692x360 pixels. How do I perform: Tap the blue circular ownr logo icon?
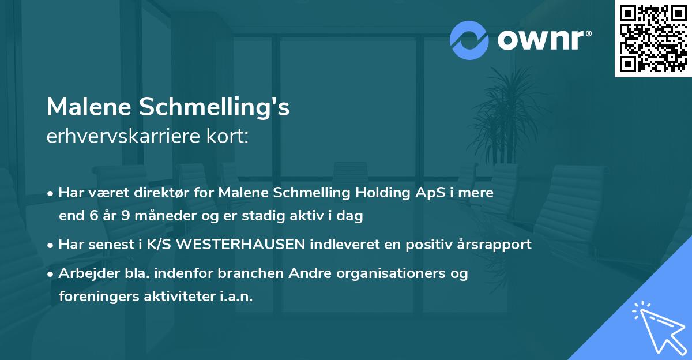pos(469,40)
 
